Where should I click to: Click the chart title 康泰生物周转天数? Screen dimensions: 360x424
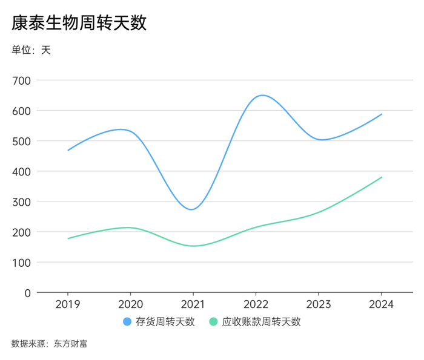point(79,23)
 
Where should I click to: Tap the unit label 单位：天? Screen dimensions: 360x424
point(31,50)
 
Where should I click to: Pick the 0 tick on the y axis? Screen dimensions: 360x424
point(27,293)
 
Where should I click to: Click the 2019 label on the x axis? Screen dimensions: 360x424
point(67,304)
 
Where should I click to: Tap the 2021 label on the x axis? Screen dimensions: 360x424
point(193,304)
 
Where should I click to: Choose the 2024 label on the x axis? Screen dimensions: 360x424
point(381,304)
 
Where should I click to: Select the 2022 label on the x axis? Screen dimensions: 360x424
point(256,304)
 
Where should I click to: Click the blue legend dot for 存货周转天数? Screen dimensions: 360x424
point(127,322)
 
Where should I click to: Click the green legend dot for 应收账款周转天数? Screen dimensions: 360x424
point(213,322)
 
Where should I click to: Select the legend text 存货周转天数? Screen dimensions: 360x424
point(165,322)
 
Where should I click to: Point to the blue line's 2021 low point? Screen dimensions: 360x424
point(192,209)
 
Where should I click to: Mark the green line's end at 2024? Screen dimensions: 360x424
point(381,177)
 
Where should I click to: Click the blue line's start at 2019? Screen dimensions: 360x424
point(68,150)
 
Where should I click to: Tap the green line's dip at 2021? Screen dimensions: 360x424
point(194,246)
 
